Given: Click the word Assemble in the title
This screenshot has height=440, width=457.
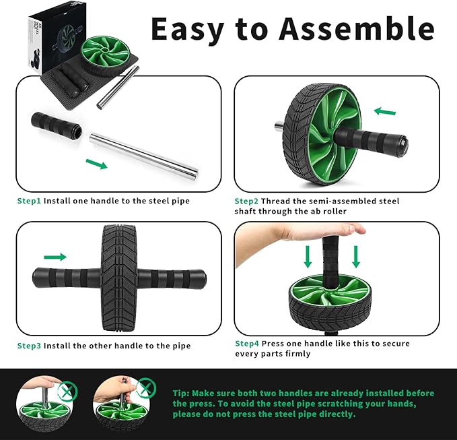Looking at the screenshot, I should click(357, 28).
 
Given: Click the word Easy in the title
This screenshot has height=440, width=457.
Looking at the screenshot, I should click(186, 28).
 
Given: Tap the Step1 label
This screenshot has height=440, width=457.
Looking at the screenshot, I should click(29, 201).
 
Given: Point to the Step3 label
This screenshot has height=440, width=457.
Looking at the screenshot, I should click(29, 346).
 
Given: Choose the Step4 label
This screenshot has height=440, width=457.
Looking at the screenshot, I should click(246, 344).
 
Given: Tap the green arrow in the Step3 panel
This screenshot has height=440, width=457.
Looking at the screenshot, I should click(55, 257).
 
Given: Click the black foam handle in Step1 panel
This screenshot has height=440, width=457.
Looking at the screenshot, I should click(55, 125).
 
